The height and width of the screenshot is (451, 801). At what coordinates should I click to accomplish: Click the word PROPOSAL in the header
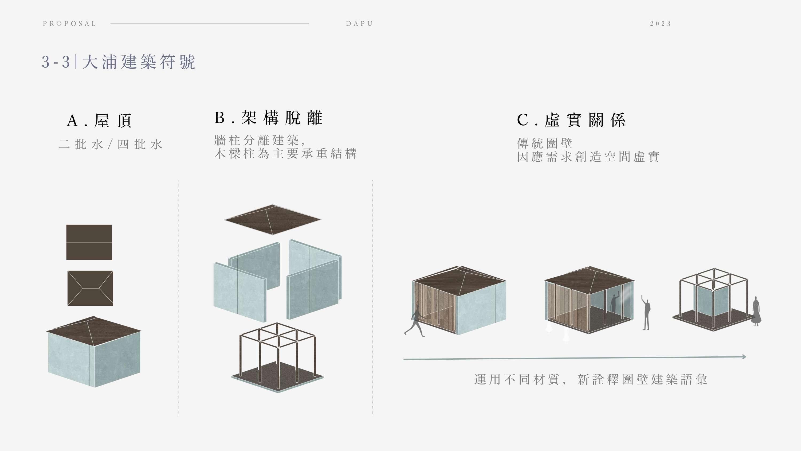tap(69, 24)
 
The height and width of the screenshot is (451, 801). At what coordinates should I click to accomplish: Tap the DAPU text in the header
tap(359, 24)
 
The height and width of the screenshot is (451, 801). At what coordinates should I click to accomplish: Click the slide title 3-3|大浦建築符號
tap(119, 62)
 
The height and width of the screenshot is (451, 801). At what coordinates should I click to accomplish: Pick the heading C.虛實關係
tap(571, 120)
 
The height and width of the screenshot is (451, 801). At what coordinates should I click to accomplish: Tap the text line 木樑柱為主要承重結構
tap(285, 154)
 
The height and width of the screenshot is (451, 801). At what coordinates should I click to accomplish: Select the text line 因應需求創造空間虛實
tap(588, 157)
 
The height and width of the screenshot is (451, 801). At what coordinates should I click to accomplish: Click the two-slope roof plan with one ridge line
tap(89, 242)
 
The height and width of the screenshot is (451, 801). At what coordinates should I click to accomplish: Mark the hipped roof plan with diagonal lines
tap(90, 288)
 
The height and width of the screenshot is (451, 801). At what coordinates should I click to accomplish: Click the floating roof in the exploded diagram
tap(272, 219)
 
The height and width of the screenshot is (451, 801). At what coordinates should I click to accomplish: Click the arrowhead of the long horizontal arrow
tap(744, 357)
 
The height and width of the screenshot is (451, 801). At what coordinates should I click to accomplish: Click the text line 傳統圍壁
tap(544, 143)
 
